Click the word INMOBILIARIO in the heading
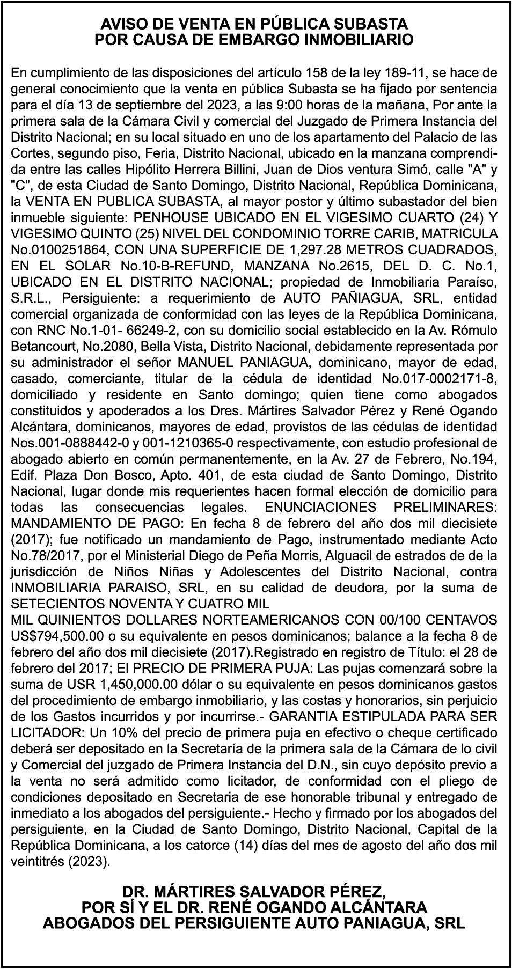click(360, 40)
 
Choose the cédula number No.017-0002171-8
click(439, 378)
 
